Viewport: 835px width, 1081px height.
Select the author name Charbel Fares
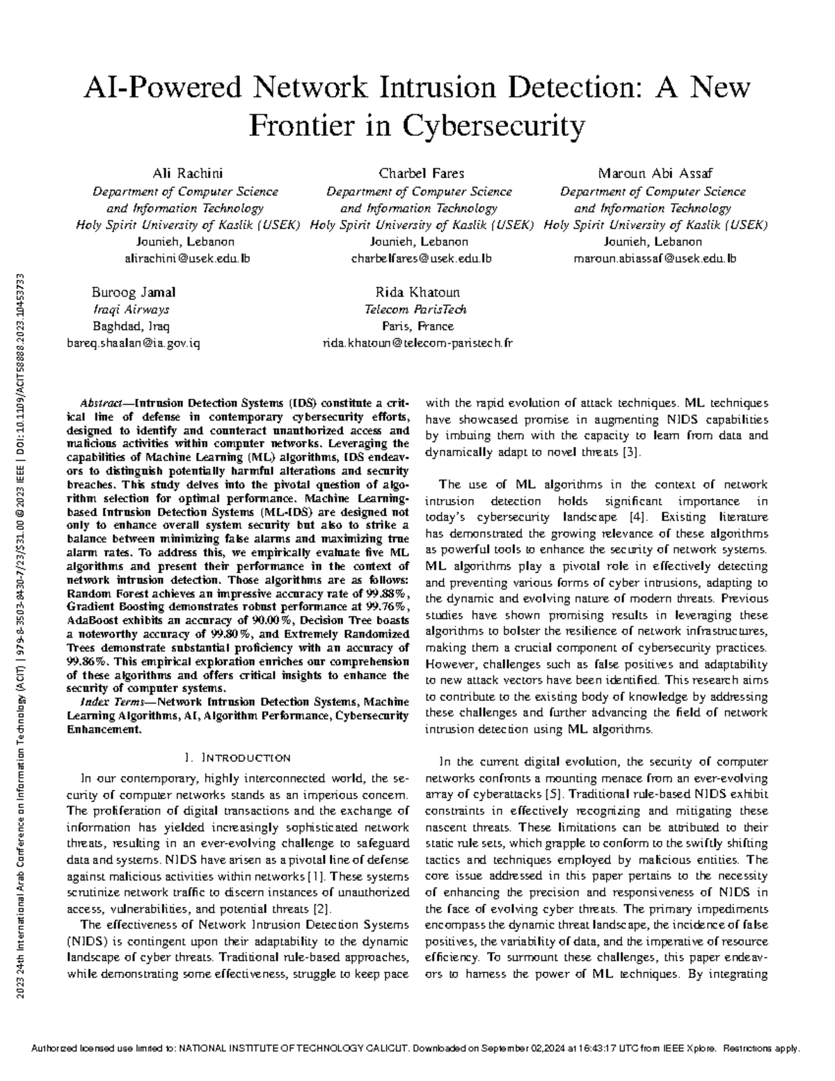[421, 173]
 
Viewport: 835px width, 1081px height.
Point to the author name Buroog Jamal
[134, 292]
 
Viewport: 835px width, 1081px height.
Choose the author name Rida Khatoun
[417, 292]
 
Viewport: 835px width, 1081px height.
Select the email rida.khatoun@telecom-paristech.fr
[417, 343]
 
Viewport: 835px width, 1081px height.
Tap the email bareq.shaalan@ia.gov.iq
[133, 343]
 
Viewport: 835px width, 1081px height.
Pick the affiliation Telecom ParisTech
[415, 310]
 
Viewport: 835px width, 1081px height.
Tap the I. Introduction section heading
[237, 758]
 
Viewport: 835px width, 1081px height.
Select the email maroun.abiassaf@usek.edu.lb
[654, 259]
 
